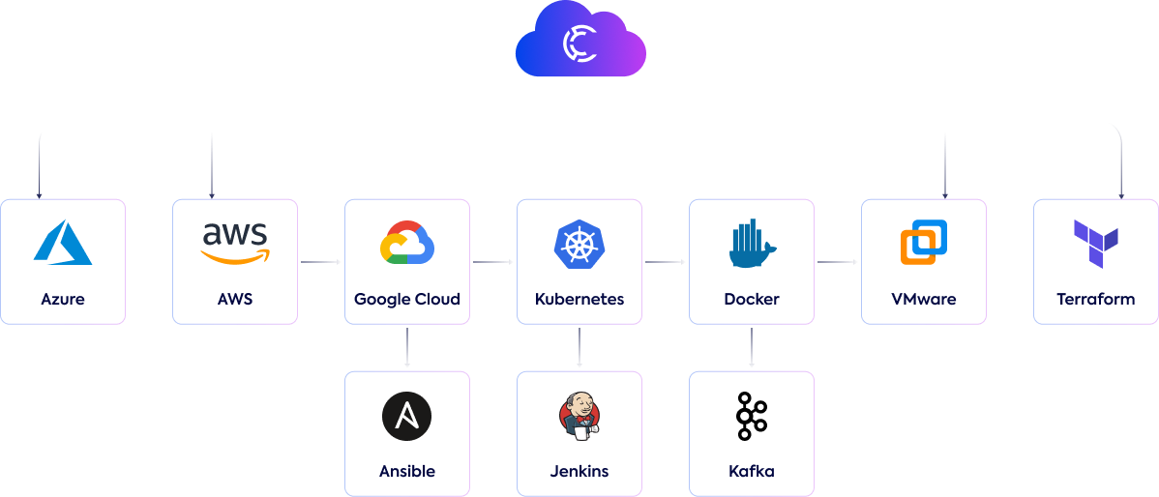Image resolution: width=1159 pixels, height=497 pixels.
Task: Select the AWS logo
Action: pos(235,242)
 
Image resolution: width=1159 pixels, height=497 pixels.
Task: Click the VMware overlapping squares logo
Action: pos(924,242)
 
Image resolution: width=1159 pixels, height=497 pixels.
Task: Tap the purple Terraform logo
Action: pos(1096,243)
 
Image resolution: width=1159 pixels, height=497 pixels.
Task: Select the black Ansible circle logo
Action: pos(407,417)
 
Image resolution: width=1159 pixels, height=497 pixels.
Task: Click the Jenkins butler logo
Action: pos(579,416)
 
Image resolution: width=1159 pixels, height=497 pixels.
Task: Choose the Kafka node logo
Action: pos(751,416)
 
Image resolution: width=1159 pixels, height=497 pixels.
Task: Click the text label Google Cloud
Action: pos(407,299)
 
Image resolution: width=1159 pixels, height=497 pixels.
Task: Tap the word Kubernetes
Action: pos(579,299)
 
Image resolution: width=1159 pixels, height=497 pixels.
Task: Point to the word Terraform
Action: pos(1096,299)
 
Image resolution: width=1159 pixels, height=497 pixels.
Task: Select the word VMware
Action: pos(924,299)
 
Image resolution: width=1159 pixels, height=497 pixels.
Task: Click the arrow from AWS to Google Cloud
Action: pos(321,262)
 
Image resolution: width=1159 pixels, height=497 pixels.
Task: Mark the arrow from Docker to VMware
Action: pos(838,262)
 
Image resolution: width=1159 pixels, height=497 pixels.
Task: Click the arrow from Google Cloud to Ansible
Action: pos(407,348)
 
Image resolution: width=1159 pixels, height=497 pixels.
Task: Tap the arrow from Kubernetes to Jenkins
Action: pos(579,348)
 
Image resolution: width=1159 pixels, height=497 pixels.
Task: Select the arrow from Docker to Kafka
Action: pos(752,348)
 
